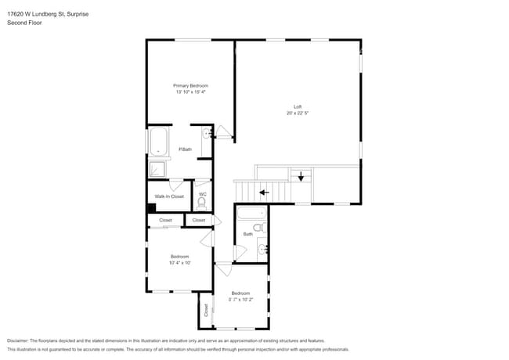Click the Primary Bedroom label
click(x=190, y=85)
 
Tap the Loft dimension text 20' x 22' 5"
click(x=297, y=113)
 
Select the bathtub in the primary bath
click(x=158, y=142)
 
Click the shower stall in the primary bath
click(x=158, y=167)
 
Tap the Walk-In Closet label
click(x=169, y=196)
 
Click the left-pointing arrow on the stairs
click(x=264, y=191)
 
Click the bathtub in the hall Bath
click(x=251, y=214)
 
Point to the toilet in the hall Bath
click(x=262, y=228)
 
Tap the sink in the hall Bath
click(x=262, y=250)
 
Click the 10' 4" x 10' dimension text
click(x=179, y=263)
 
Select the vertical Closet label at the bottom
click(x=207, y=310)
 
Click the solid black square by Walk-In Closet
click(x=151, y=208)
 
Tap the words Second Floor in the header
click(x=23, y=23)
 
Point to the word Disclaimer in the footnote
click(x=17, y=340)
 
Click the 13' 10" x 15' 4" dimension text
click(x=190, y=92)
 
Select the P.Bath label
click(x=186, y=149)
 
